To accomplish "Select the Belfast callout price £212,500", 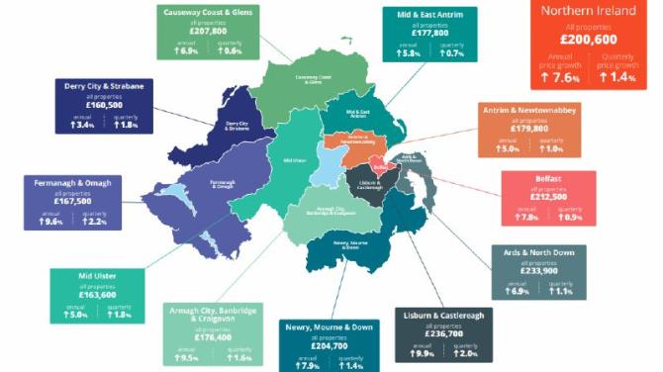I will pyautogui.click(x=547, y=196).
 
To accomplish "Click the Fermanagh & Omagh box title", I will pyautogui.click(x=72, y=182).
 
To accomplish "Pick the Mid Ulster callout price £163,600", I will pyautogui.click(x=97, y=294).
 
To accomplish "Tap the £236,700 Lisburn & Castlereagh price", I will pyautogui.click(x=443, y=333).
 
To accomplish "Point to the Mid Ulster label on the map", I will pyautogui.click(x=295, y=159).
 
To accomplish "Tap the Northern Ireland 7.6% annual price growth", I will pyautogui.click(x=564, y=76).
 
